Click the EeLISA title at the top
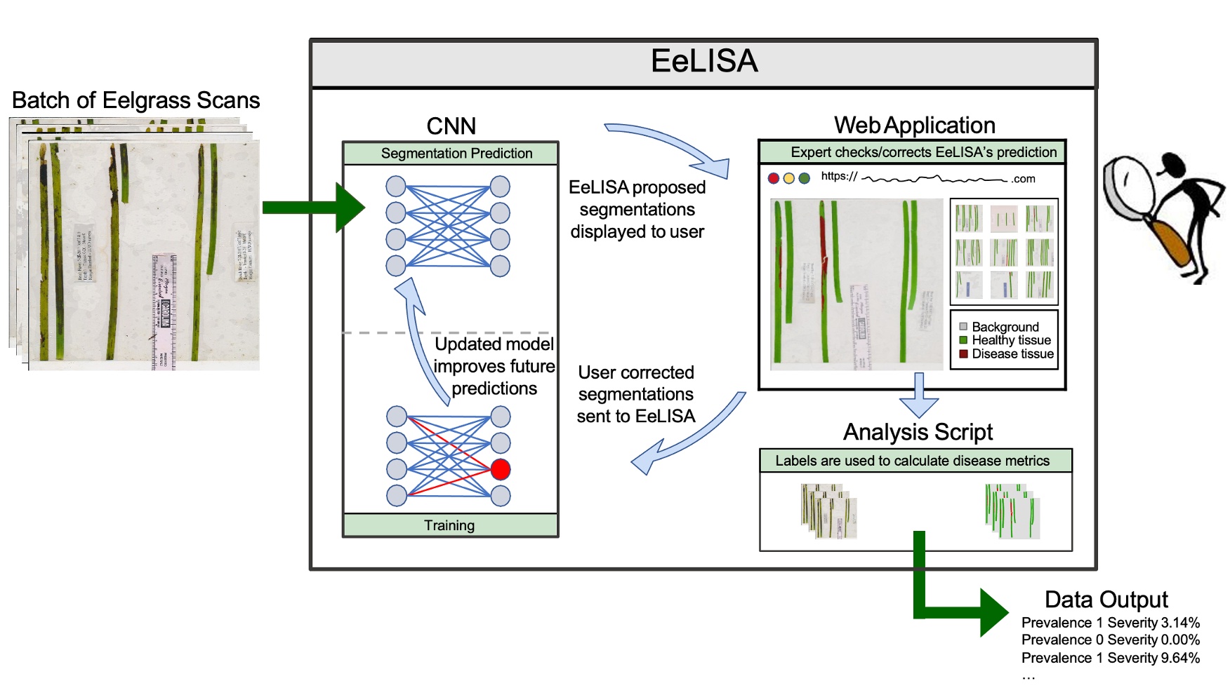(x=704, y=62)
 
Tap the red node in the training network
(x=500, y=469)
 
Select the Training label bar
(x=450, y=525)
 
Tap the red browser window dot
(x=773, y=178)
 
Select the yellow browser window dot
(x=788, y=178)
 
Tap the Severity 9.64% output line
(x=1110, y=658)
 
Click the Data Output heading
(x=1106, y=600)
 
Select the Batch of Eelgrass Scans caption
(x=135, y=100)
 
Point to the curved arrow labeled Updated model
(x=421, y=337)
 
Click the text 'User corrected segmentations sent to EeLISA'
(x=636, y=394)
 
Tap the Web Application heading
(x=914, y=126)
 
